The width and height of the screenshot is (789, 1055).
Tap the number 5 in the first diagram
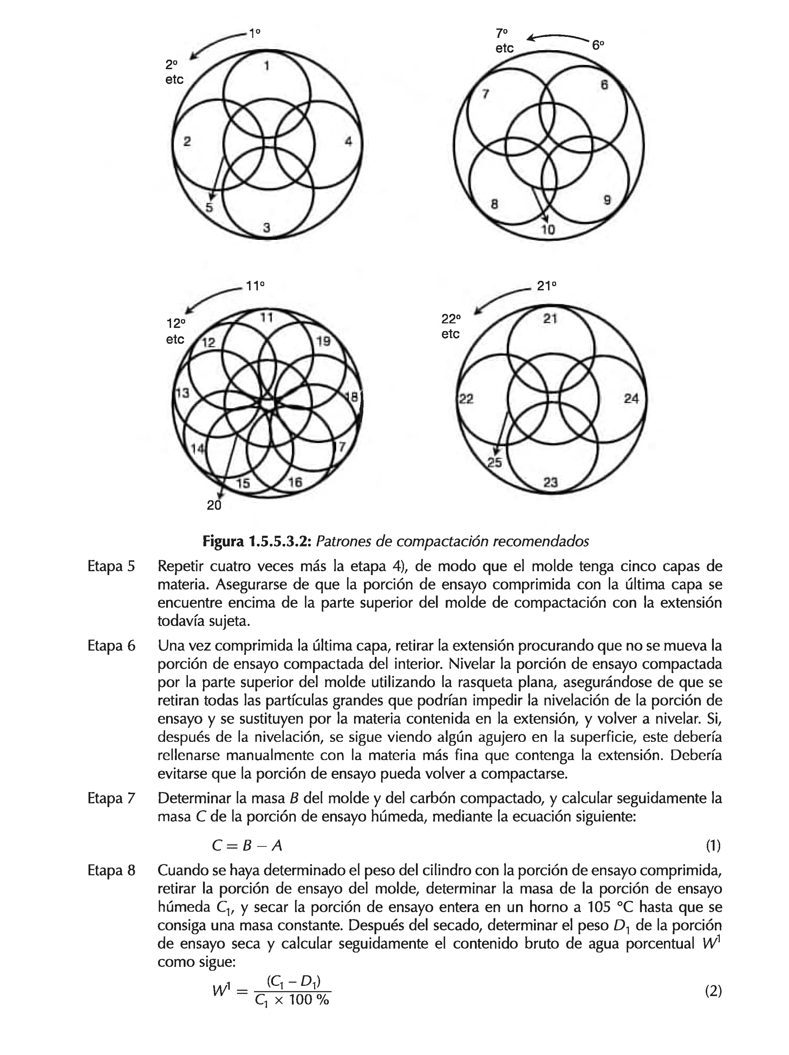point(209,208)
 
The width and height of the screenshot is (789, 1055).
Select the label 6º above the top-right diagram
point(598,45)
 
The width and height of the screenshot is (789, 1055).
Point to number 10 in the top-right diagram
point(548,230)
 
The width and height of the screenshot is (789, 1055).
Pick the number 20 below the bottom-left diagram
point(214,505)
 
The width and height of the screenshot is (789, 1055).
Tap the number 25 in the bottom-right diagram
point(494,462)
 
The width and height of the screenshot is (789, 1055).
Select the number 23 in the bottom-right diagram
point(550,482)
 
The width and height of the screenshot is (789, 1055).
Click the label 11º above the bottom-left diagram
point(255,286)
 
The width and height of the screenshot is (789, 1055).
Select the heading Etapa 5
point(111,567)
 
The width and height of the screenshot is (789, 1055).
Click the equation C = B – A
point(247,846)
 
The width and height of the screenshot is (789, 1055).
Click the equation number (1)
point(713,846)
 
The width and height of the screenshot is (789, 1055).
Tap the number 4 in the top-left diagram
point(348,141)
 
